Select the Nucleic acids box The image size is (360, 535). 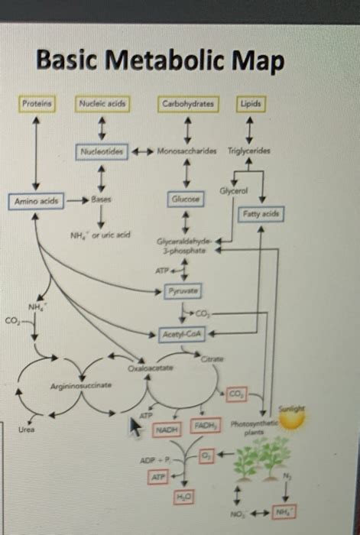click(x=102, y=102)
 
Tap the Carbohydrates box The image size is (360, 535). click(x=187, y=102)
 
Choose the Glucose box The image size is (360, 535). click(x=186, y=199)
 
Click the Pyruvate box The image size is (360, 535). click(x=186, y=291)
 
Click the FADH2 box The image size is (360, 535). click(x=204, y=426)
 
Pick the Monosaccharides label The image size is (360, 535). click(x=186, y=151)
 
